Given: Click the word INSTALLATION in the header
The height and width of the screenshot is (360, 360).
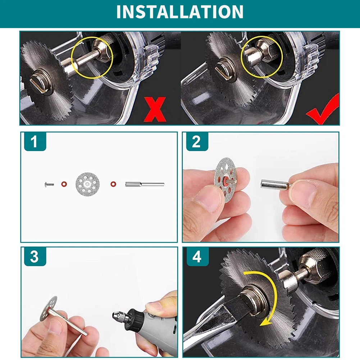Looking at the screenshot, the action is tap(180, 12).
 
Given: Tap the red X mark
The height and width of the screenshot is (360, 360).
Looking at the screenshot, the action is tap(155, 109).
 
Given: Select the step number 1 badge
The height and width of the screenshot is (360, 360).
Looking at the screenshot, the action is tap(35, 141).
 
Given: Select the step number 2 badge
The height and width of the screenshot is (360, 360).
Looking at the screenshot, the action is tap(197, 141).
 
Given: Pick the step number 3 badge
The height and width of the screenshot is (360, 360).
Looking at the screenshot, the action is tap(35, 256).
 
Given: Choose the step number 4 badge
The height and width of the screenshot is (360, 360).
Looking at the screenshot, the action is tap(197, 256).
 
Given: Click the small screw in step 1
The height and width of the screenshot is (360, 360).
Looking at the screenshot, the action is tap(49, 184).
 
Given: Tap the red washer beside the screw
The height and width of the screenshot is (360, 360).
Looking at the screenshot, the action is tap(64, 184).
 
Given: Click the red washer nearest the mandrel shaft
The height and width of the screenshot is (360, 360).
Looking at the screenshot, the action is tap(113, 184).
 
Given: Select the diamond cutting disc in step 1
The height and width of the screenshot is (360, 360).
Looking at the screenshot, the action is tap(87, 184).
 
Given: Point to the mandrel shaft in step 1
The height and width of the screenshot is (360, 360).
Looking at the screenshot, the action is tap(145, 184).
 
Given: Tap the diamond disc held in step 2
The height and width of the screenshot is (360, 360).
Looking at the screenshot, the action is tap(225, 180).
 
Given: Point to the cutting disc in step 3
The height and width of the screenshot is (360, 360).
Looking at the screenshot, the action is tap(48, 308).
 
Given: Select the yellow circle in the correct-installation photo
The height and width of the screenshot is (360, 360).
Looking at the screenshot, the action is tap(262, 57).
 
